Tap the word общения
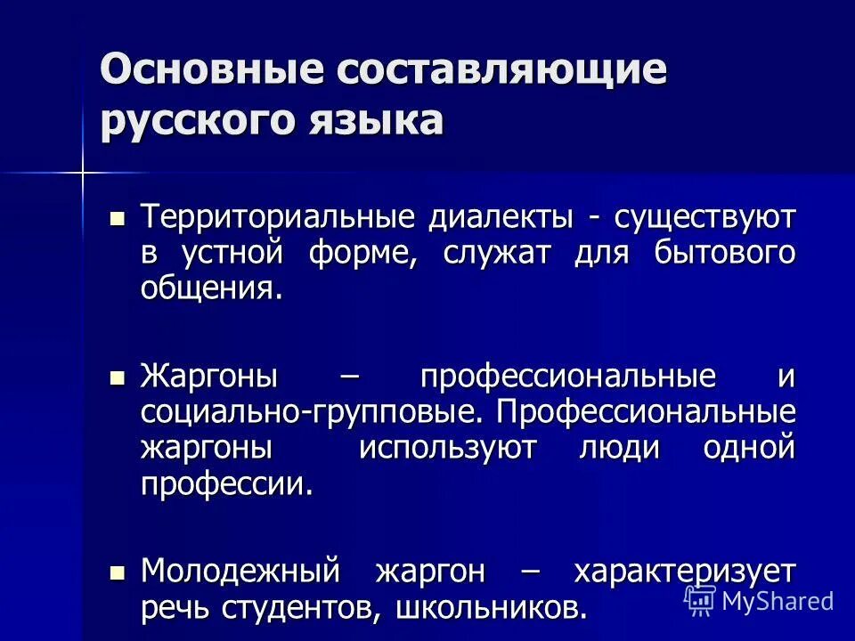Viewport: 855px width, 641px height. (211, 288)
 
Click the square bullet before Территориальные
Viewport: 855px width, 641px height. (116, 216)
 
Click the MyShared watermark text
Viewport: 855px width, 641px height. (778, 601)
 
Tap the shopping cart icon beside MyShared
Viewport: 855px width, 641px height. (700, 600)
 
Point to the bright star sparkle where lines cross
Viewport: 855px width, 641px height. (82, 172)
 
